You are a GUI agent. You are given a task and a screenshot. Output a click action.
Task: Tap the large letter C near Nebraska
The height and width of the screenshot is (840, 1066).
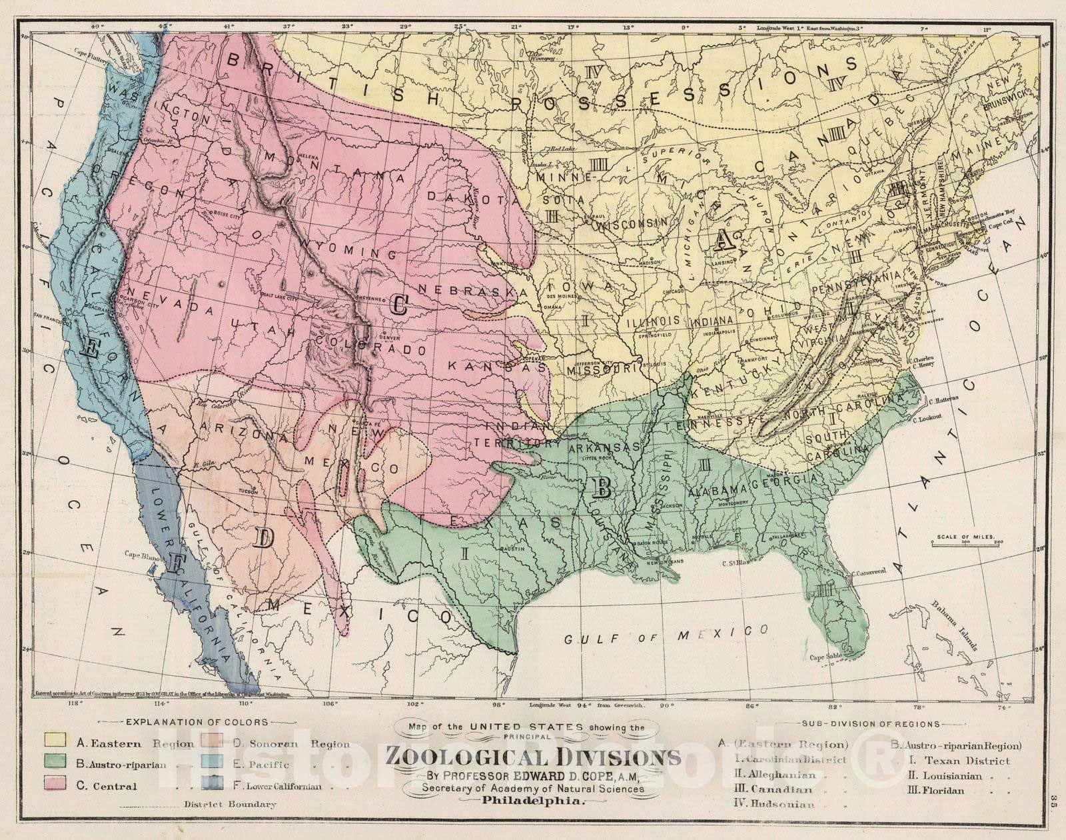coord(400,305)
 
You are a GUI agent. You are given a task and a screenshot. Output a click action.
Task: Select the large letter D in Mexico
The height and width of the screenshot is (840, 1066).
coord(264,537)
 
